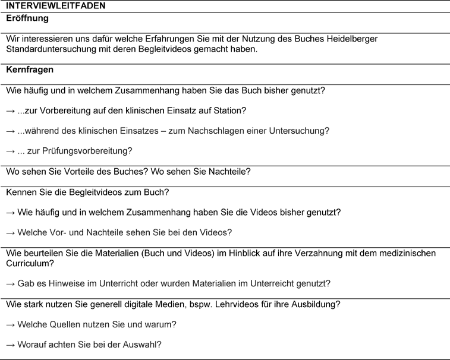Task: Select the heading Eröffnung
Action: pos(27,18)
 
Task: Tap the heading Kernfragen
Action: pos(30,70)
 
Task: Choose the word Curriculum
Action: pos(29,263)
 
